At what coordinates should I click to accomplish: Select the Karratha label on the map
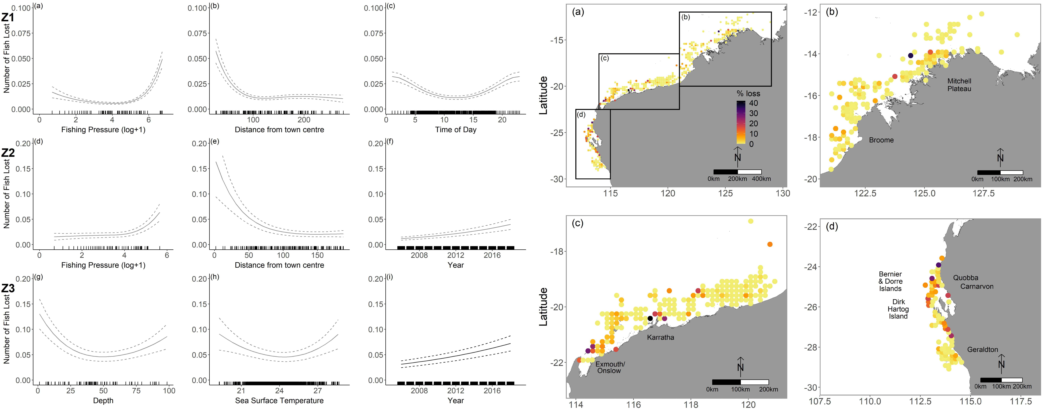point(661,337)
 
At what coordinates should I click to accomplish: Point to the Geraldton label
point(982,349)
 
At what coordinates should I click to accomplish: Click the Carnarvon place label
point(977,286)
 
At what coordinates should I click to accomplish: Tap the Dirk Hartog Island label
point(898,309)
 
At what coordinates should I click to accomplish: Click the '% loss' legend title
point(748,93)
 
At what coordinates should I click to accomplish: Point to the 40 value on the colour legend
point(753,103)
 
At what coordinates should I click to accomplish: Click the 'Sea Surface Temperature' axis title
point(279,400)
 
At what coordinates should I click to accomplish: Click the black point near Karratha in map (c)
point(650,318)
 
